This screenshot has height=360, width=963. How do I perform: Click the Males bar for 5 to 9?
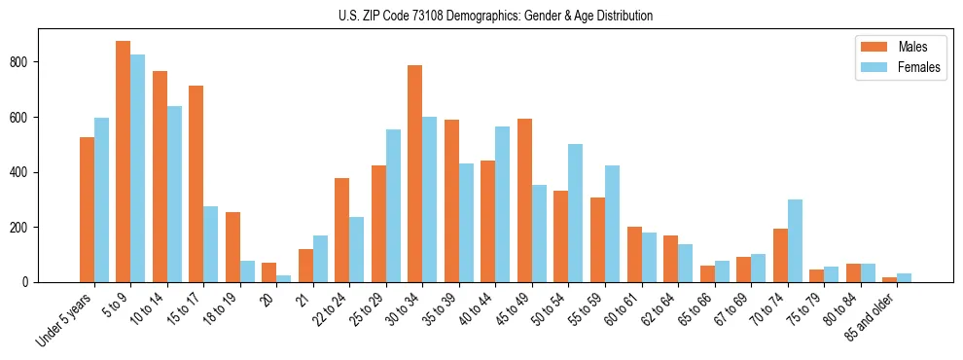coord(124,162)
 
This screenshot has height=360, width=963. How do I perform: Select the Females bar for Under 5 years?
coord(101,199)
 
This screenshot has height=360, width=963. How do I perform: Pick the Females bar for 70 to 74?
coord(795,240)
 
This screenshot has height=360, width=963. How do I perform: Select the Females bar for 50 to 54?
coord(576,213)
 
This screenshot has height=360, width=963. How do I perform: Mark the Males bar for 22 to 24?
coord(342,230)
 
